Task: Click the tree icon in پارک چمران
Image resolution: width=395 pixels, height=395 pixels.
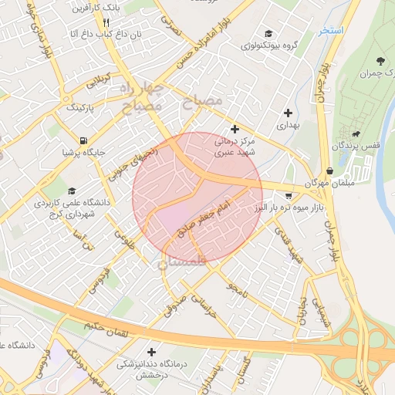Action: click(379, 60)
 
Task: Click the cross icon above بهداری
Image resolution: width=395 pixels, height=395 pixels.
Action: click(289, 112)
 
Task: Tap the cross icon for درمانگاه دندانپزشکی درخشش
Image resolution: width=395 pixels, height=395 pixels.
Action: click(150, 352)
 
